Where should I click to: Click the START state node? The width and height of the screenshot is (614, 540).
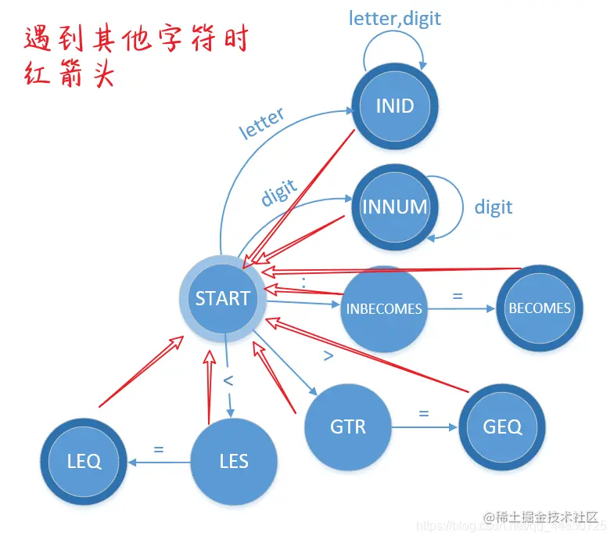coord(223,298)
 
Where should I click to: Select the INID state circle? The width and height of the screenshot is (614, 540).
coord(394,106)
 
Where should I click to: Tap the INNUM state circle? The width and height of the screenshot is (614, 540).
coord(394,207)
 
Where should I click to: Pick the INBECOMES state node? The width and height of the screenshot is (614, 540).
coord(383,308)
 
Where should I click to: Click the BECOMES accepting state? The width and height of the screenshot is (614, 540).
coord(540,308)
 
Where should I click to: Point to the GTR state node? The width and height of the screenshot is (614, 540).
coord(347,427)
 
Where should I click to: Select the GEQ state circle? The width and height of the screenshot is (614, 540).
coord(502,427)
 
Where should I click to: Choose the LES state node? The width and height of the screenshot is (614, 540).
coord(234,461)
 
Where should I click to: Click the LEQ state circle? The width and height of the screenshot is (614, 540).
coord(84,461)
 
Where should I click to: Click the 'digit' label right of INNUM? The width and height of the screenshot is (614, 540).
coord(494,207)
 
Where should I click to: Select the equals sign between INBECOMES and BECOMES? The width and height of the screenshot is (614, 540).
coord(458,297)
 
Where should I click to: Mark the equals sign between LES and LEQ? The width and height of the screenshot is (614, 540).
coord(158,449)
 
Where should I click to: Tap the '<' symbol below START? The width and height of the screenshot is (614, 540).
coord(229,381)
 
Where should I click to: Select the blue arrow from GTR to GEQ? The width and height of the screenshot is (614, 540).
coord(423,427)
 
